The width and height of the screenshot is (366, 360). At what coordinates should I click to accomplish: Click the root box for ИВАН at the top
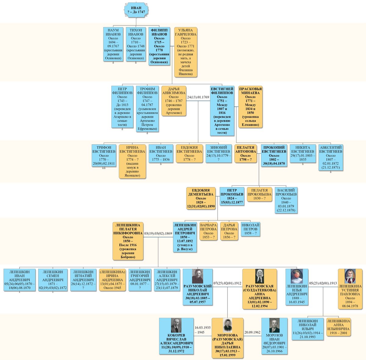[x=136, y=10]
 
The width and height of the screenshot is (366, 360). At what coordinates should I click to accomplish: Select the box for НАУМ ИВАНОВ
[x=113, y=44]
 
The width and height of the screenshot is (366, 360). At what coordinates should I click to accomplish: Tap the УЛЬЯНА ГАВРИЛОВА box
[x=185, y=52]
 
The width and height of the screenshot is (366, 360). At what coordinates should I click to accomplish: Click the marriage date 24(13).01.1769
[x=198, y=97]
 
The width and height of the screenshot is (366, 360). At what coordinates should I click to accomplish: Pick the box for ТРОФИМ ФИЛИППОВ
[x=147, y=109]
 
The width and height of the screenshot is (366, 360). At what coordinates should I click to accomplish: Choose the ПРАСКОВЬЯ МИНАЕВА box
[x=250, y=107]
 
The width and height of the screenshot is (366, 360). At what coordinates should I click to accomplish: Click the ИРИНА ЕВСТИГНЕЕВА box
[x=132, y=162]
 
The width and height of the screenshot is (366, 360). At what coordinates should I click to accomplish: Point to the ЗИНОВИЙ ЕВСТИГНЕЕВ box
[x=218, y=154]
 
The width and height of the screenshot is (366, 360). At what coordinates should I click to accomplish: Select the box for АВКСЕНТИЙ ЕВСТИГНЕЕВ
[x=331, y=158]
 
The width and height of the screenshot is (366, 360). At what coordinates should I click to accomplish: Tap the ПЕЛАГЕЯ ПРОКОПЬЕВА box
[x=259, y=195]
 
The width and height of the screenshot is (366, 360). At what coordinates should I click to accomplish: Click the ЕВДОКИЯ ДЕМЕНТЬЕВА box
[x=201, y=198]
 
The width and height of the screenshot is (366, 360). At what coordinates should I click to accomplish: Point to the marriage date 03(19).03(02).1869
[x=158, y=233]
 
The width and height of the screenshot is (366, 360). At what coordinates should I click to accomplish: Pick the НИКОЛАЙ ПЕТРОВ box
[x=250, y=229]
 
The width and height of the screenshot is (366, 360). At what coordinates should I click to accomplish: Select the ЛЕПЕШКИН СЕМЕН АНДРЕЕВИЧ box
[x=53, y=280]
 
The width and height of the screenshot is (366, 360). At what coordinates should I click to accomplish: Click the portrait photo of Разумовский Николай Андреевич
[x=198, y=276]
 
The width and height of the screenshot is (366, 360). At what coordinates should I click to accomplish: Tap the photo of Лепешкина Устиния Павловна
[x=350, y=276]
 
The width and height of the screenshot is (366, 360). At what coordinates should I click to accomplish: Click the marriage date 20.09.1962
[x=252, y=332]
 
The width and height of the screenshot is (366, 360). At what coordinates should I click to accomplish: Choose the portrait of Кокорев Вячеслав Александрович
[x=176, y=325]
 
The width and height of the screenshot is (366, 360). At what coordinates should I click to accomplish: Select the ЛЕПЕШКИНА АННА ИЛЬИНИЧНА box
[x=338, y=327]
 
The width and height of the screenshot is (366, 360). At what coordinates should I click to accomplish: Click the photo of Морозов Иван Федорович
[x=274, y=325]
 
